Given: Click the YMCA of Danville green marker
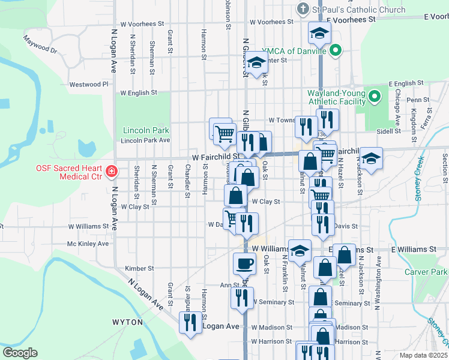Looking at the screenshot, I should click(336, 51).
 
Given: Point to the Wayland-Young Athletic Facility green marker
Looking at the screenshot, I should click(376, 96).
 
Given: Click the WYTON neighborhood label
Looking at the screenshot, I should click(128, 322).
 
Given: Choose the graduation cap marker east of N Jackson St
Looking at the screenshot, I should click(371, 158).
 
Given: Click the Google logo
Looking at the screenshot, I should click(20, 353).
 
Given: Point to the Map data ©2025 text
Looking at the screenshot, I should click(423, 355).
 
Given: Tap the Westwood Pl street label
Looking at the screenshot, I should click(88, 85).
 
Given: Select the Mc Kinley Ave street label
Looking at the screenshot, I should click(88, 244).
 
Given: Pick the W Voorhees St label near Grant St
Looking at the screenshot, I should click(142, 24).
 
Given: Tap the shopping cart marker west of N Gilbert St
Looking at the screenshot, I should click(224, 133).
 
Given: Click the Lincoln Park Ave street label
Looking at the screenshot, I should click(146, 140).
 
